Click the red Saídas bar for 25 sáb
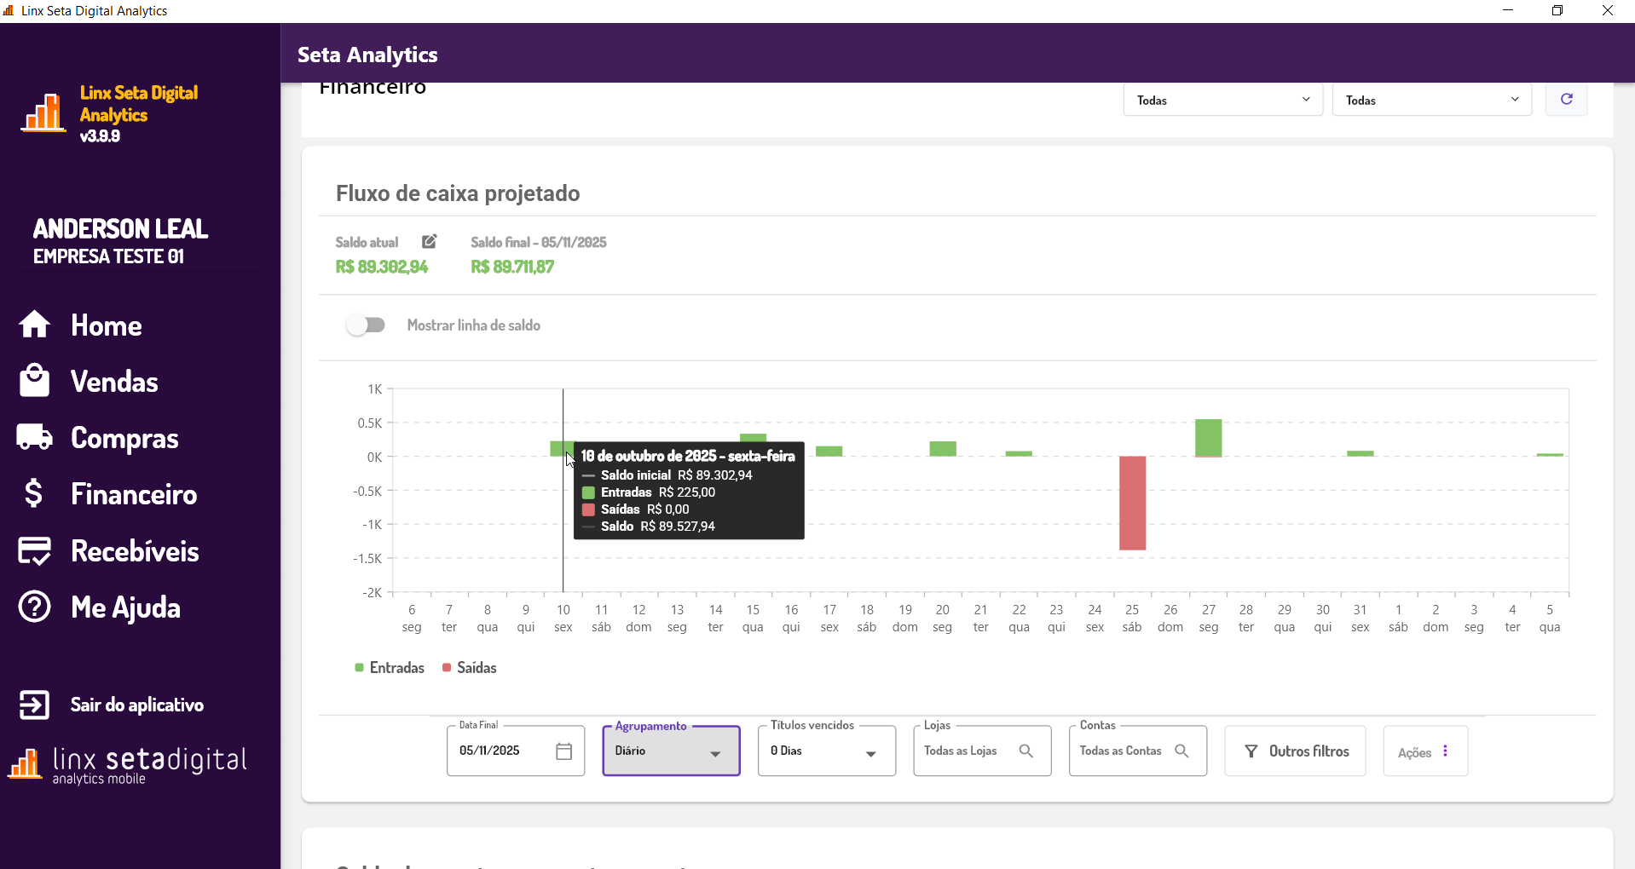[x=1132, y=503]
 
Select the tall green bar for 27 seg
[x=1208, y=438]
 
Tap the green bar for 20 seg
[x=942, y=449]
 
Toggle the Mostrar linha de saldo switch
[x=366, y=325]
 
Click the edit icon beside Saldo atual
[x=429, y=242]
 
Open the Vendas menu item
[x=114, y=382]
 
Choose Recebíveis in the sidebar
[x=135, y=551]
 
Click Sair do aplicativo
[x=136, y=705]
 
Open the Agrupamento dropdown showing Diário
[x=671, y=751]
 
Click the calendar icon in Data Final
[x=563, y=751]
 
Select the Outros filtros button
[x=1296, y=751]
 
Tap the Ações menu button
[x=1424, y=751]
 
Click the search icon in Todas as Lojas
[x=1025, y=751]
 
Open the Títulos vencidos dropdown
[x=826, y=751]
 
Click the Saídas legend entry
[x=470, y=668]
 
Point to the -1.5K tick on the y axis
[x=370, y=559]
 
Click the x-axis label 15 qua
[x=753, y=619]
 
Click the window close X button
[x=1608, y=11]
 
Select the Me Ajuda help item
[x=125, y=607]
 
